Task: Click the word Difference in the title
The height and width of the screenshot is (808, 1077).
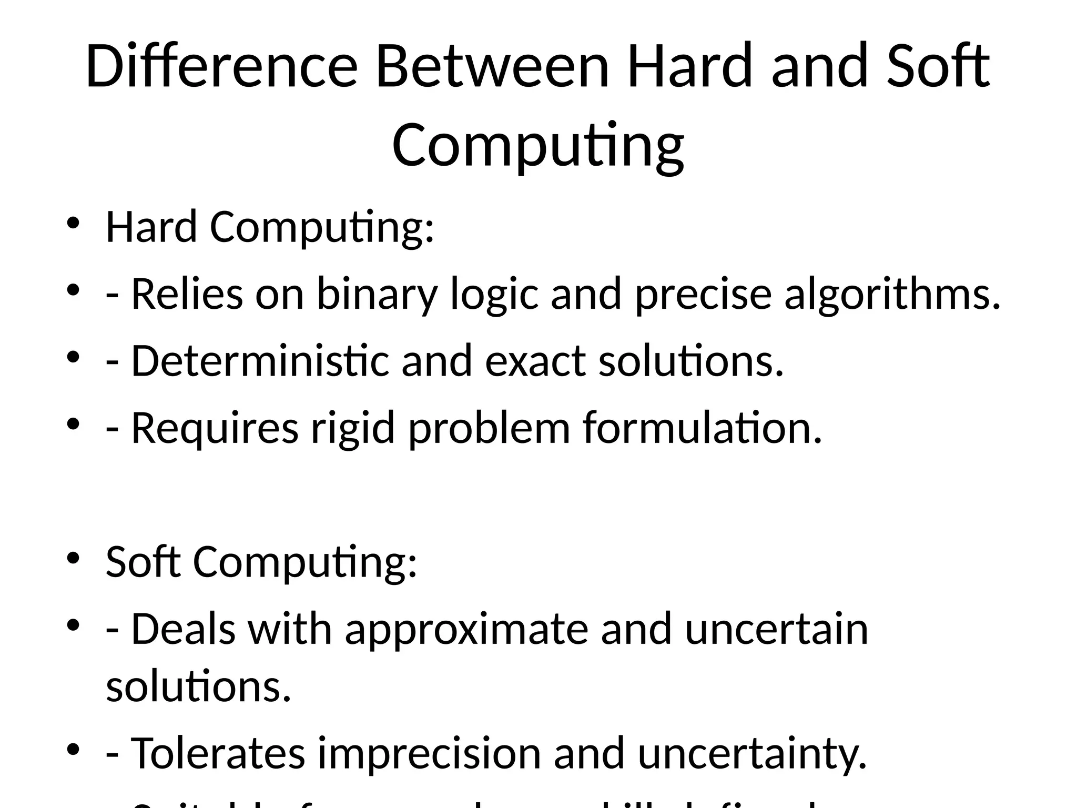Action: [221, 67]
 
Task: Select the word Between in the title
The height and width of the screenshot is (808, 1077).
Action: [492, 67]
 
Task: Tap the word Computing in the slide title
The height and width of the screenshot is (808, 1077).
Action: [537, 145]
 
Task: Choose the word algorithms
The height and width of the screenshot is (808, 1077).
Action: [892, 295]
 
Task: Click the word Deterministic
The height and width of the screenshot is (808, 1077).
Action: [260, 361]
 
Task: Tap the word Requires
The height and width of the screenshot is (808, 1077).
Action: [215, 428]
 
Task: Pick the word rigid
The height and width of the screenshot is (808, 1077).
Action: [353, 428]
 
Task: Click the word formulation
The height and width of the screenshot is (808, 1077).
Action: [702, 428]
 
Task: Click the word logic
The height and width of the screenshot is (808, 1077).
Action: [494, 295]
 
